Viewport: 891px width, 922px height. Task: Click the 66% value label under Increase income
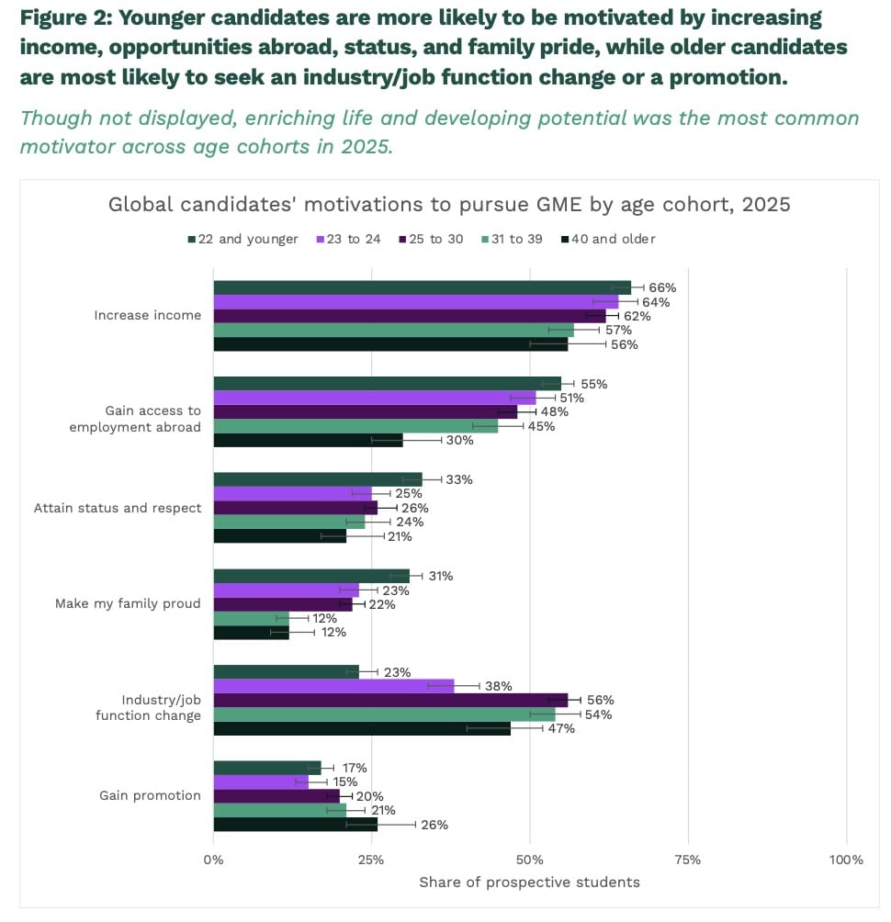[x=662, y=287]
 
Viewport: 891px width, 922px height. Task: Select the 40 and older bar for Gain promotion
[x=295, y=825]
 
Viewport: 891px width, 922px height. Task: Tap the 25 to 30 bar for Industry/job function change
[x=390, y=700]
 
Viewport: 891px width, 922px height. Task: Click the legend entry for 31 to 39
[x=511, y=239]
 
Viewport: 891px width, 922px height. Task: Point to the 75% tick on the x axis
[x=687, y=860]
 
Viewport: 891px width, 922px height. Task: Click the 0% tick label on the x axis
[x=213, y=860]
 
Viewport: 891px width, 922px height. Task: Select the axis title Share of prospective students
[x=529, y=883]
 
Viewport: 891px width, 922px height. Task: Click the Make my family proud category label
[x=128, y=603]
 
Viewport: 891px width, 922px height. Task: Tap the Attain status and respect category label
[x=118, y=508]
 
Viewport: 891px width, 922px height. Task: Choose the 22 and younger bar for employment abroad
[x=387, y=384]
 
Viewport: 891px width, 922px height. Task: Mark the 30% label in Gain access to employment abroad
[x=459, y=441]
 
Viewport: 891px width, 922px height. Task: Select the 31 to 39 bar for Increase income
[x=393, y=330]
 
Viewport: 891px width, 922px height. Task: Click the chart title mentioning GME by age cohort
[x=449, y=204]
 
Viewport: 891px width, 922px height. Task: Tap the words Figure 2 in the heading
[x=63, y=17]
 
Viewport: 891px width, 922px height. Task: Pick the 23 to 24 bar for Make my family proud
[x=286, y=590]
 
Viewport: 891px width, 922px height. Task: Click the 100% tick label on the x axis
[x=845, y=860]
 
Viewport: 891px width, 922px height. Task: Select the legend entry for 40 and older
[x=608, y=239]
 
